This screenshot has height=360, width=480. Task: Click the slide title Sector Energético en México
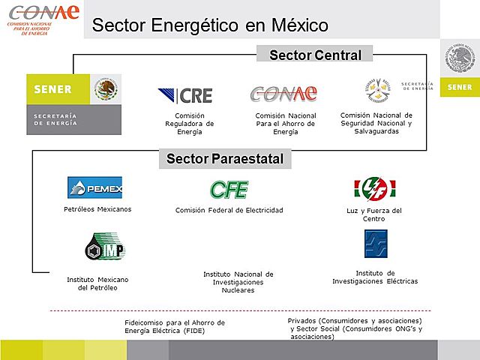(x=210, y=25)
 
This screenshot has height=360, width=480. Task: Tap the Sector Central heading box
(x=315, y=55)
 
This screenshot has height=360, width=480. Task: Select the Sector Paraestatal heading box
(x=225, y=158)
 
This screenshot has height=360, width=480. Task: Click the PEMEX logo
(x=94, y=187)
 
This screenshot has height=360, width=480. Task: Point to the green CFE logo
(x=229, y=190)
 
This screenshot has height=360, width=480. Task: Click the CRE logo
(x=185, y=95)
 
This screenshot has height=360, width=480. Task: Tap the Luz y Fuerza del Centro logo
(x=374, y=188)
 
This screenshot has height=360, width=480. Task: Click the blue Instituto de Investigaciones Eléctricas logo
(x=375, y=244)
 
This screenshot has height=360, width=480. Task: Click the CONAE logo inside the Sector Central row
(x=283, y=94)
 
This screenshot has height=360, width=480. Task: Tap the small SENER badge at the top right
(x=459, y=87)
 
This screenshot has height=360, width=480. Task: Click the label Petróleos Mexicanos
(x=97, y=209)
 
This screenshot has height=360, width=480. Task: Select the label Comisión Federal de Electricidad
(x=229, y=210)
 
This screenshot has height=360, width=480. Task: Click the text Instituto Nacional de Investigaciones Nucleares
(x=238, y=282)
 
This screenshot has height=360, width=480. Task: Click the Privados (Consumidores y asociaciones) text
(x=355, y=328)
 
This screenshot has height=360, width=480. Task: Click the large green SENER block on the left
(x=73, y=104)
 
